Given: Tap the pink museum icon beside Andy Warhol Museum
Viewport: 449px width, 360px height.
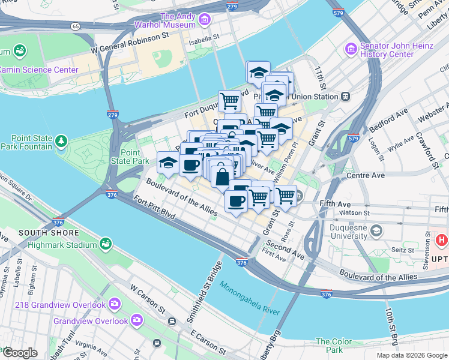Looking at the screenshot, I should pos(204,20).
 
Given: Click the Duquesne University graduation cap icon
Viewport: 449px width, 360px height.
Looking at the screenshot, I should pos(376,230).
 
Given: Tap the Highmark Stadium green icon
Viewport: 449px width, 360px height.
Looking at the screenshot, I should pos(106,244).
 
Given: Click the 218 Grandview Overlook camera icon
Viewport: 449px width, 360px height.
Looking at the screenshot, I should pos(114,304).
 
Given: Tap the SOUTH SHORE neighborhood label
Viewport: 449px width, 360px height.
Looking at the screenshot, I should pos(49,232).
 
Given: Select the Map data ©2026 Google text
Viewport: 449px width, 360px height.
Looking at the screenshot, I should pos(411,355).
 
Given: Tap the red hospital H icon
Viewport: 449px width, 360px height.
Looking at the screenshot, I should pos(443,241).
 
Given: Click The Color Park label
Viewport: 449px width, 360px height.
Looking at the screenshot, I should pos(334,346).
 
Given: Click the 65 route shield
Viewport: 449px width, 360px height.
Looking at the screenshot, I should pos(75,26).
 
